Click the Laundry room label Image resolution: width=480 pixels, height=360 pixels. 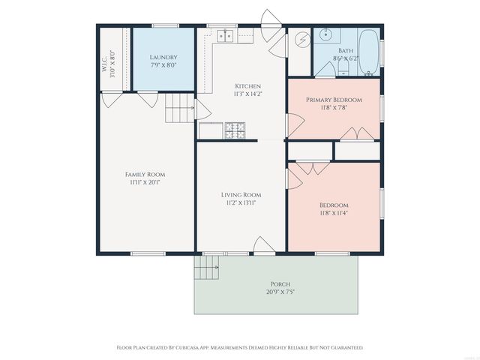pyautogui.click(x=163, y=57)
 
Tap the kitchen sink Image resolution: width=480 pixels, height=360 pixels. pyautogui.click(x=225, y=35)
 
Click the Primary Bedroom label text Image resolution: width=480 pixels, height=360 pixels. pyautogui.click(x=334, y=100)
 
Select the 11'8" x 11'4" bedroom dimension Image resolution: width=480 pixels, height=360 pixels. pyautogui.click(x=334, y=213)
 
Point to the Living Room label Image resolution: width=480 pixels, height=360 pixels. pyautogui.click(x=240, y=195)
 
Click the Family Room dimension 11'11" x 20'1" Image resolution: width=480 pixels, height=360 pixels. pyautogui.click(x=145, y=182)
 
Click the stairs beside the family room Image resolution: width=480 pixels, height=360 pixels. pyautogui.click(x=180, y=109)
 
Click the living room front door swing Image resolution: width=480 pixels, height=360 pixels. pyautogui.click(x=264, y=245)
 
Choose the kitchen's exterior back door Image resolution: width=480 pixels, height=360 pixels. pyautogui.click(x=271, y=19)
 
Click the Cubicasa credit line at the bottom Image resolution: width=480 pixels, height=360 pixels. pyautogui.click(x=240, y=347)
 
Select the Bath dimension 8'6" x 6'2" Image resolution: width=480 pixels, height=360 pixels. pyautogui.click(x=345, y=57)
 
